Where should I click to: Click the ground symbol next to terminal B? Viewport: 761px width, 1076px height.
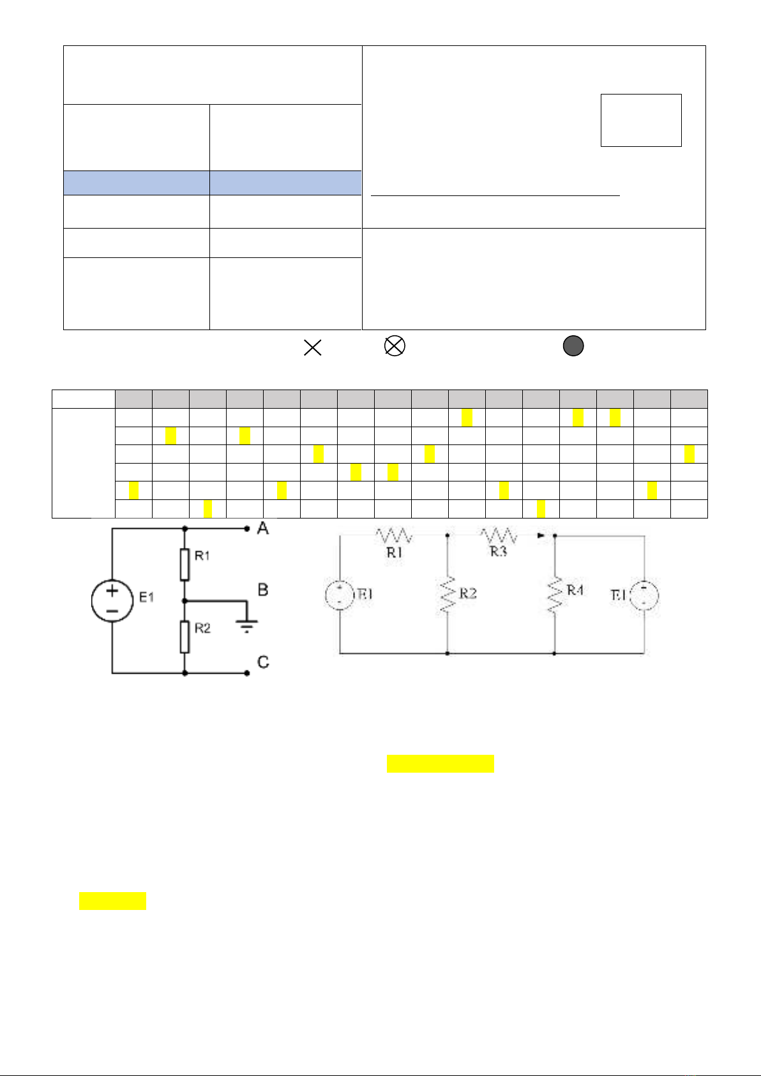coord(246,626)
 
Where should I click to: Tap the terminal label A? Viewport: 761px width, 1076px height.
coord(263,529)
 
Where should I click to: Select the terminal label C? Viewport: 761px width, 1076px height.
coord(263,662)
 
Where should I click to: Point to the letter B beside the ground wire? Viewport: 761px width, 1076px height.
coord(263,590)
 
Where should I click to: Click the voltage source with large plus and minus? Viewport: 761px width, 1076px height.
coord(112,600)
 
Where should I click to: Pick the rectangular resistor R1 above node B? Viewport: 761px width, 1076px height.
coord(185,564)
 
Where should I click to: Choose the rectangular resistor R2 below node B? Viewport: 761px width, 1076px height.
coord(185,636)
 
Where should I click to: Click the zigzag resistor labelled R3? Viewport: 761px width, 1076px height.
coord(499,535)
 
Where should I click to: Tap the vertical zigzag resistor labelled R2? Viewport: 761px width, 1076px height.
coord(447,595)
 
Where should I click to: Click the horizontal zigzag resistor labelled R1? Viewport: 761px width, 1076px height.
coord(394,535)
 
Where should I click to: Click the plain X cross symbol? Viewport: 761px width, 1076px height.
coord(312,347)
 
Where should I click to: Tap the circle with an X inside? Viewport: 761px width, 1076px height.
coord(395,346)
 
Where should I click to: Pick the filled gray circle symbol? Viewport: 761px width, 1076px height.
coord(573,346)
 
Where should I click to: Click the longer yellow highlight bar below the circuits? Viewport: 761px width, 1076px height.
coord(440,764)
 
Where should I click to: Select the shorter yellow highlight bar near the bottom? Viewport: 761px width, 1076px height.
coord(112,901)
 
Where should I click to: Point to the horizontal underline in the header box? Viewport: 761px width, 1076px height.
coord(495,195)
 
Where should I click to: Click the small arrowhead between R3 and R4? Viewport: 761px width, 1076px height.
coord(541,536)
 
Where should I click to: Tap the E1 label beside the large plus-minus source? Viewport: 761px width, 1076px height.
coord(147,598)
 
